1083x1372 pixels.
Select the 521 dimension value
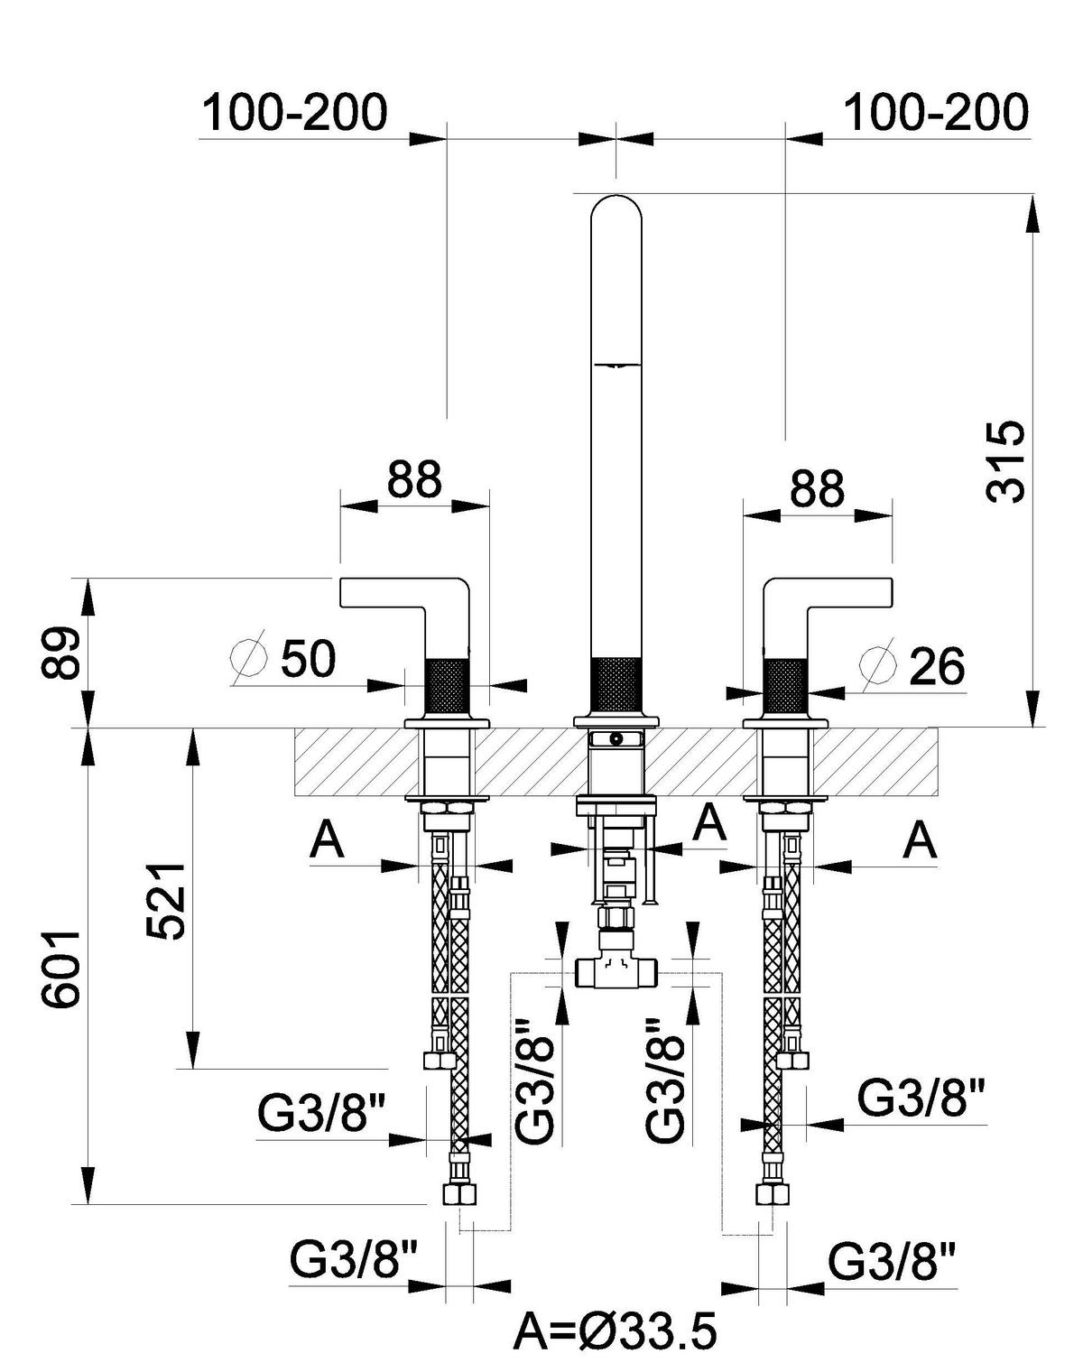pos(167,900)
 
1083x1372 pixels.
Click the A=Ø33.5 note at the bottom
pos(616,1332)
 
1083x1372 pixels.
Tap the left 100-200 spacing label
pos(293,113)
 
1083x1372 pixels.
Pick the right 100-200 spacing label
pos(935,113)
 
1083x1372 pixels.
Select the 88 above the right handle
pos(817,488)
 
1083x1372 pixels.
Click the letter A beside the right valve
pos(921,841)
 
